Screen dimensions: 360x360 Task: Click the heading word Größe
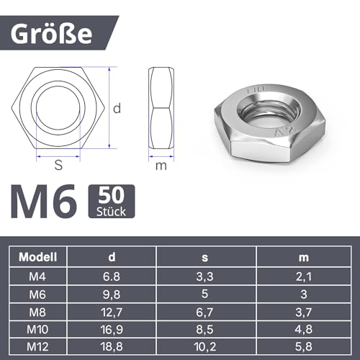[63, 33]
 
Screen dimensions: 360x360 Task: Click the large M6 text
[43, 204]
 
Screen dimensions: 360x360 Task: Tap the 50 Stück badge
[110, 202]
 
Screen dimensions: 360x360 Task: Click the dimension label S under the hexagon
[58, 165]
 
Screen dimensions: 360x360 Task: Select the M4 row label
[40, 276]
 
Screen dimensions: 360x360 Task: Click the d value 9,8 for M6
[112, 293]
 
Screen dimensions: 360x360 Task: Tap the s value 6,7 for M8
[204, 310]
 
